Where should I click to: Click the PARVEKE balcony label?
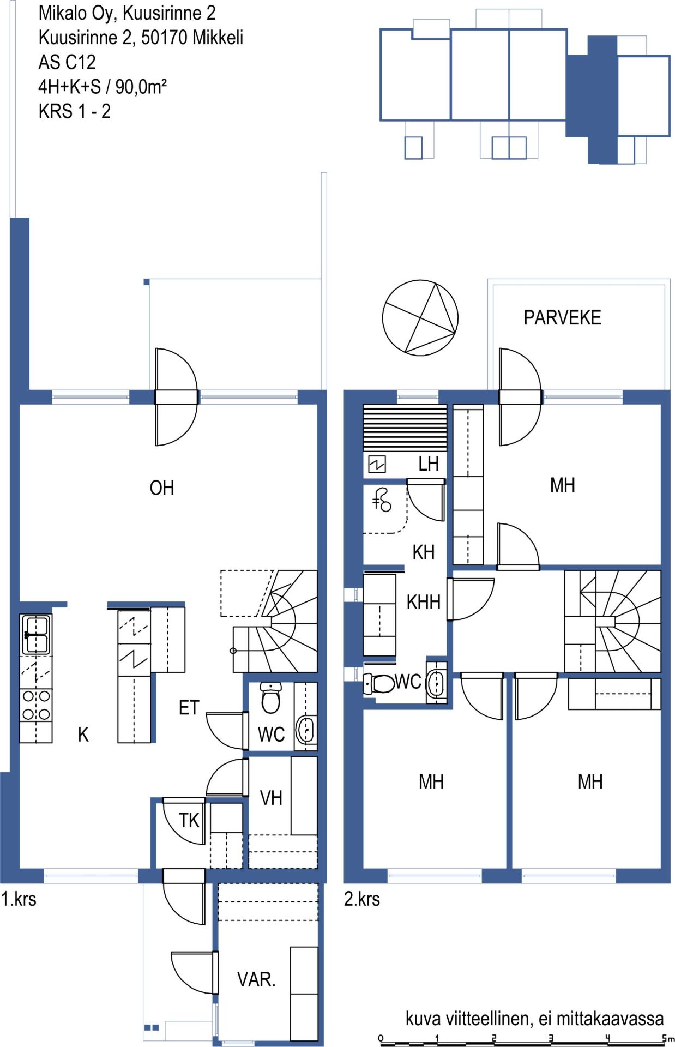[x=562, y=317]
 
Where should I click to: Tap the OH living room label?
[x=162, y=488]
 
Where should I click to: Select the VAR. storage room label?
[x=256, y=979]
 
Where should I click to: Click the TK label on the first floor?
[x=189, y=820]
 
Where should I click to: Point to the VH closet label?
[x=271, y=798]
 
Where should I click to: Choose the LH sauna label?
[x=429, y=464]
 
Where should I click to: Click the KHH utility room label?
[x=424, y=602]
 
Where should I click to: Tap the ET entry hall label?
[x=189, y=707]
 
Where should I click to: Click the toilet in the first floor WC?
[x=270, y=697]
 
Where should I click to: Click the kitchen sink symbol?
[x=35, y=634]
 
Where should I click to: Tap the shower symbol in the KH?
[x=382, y=500]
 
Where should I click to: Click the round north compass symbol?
[x=420, y=318]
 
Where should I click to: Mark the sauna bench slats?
[x=405, y=428]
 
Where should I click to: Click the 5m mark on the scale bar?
[x=666, y=1038]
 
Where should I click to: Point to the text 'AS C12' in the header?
[x=67, y=62]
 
